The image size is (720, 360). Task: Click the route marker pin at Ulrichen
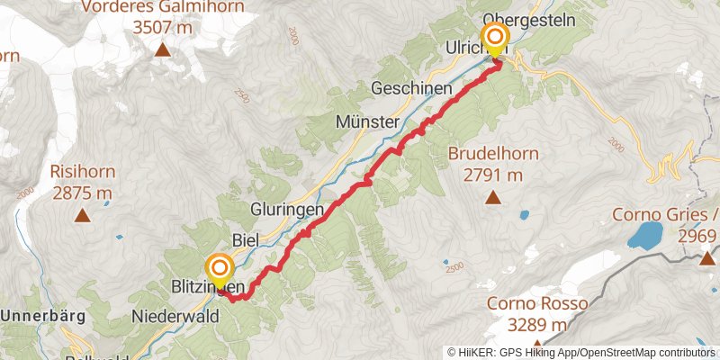pos(495,39)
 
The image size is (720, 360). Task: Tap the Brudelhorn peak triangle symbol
pos(492,197)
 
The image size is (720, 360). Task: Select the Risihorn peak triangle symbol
pos(82,215)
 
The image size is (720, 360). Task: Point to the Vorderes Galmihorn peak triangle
pos(163,49)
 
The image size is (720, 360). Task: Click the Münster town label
pos(365,121)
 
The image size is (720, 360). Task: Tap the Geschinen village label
pos(410,88)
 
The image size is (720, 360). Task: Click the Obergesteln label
pos(523,18)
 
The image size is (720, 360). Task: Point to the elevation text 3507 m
pos(163,26)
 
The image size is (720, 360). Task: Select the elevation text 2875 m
pos(82,193)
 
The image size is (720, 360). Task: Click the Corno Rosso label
pos(537,303)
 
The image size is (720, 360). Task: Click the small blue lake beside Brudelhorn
pos(524,215)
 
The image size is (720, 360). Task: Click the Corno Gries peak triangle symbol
pos(707,258)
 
